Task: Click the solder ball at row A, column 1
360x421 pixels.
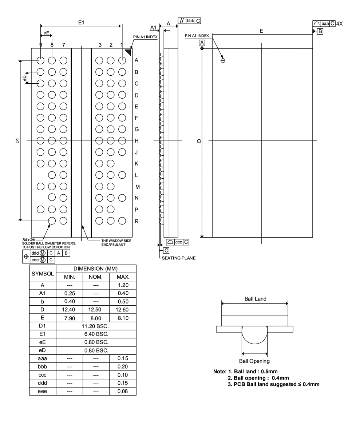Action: (x=122, y=60)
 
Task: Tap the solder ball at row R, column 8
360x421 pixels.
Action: (x=52, y=221)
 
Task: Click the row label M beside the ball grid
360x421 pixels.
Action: (x=137, y=187)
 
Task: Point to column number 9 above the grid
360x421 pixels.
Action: (x=41, y=45)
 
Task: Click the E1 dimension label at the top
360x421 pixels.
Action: (x=81, y=23)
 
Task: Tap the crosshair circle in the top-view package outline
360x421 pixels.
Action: (x=223, y=60)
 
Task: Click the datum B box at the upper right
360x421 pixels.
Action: (x=320, y=32)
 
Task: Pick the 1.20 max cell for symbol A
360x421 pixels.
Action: (x=123, y=286)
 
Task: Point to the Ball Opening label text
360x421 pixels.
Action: (x=254, y=361)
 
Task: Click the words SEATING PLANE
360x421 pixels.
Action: (x=179, y=258)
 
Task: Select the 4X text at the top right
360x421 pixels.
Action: (x=339, y=23)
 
